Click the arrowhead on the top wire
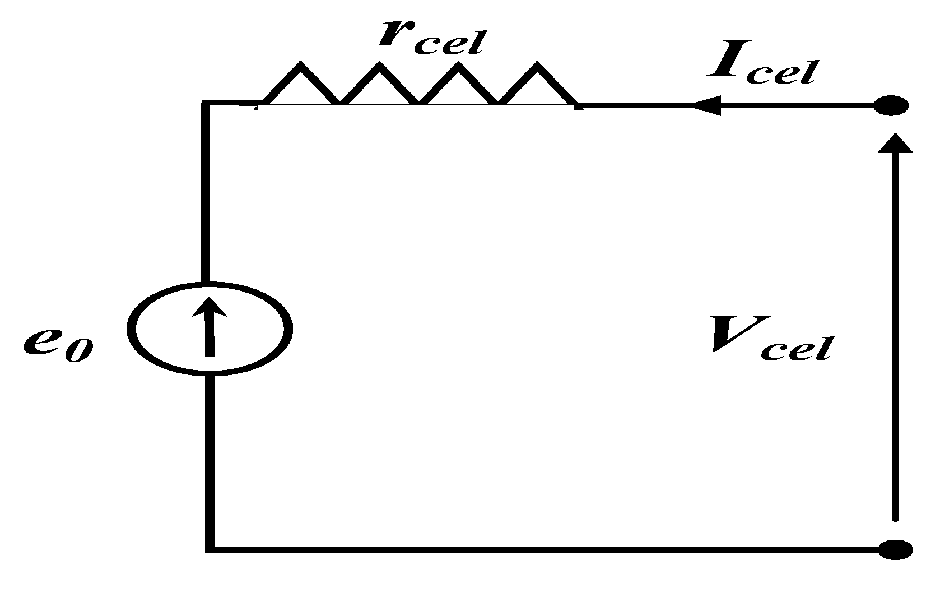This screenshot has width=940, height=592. (707, 105)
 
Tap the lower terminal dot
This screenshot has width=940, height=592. (893, 549)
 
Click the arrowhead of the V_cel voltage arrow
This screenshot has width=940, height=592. (895, 144)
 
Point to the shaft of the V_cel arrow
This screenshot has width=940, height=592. (895, 336)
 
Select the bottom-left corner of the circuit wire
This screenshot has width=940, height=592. (210, 548)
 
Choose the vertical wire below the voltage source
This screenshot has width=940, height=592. (210, 460)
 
